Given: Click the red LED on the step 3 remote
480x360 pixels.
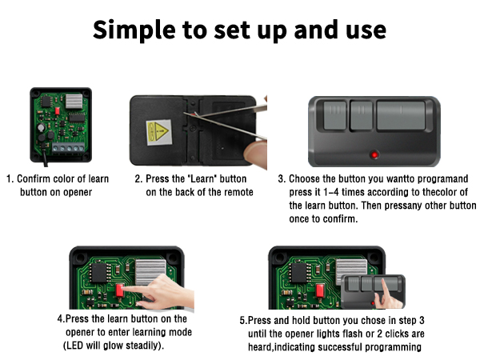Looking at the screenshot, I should (x=374, y=152).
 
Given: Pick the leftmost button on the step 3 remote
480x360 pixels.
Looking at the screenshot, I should (x=331, y=117).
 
